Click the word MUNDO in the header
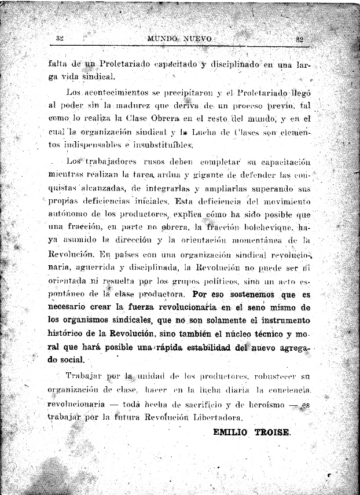(162, 39)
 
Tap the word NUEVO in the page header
(197, 39)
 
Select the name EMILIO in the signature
(234, 432)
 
